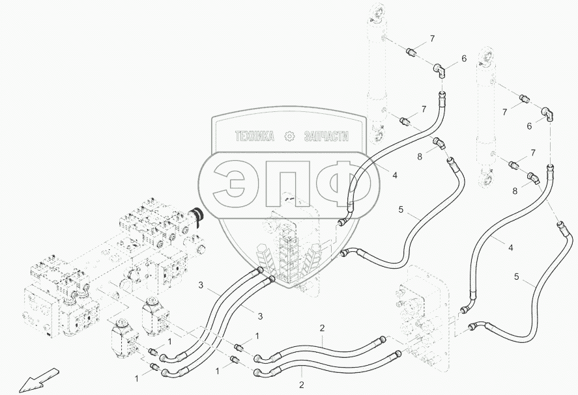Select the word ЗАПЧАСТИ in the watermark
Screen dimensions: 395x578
point(325,137)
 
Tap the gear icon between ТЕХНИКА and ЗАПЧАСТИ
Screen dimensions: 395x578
point(289,137)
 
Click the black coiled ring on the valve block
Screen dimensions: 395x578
point(197,217)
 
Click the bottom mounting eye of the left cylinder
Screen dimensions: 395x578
point(377,137)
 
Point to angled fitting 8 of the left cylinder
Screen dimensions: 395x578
point(441,144)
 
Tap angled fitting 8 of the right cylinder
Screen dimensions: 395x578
point(534,178)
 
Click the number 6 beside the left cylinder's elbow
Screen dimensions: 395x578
point(465,59)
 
